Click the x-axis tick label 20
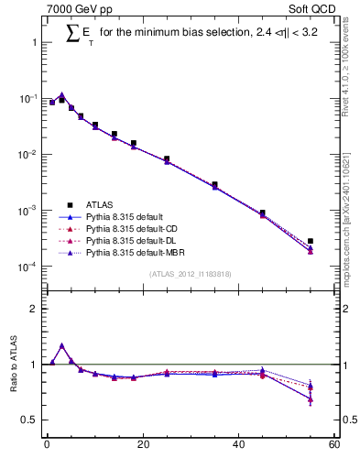(x=142, y=445)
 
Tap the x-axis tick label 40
(x=238, y=445)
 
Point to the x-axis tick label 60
(x=333, y=445)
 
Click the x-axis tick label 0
(x=47, y=445)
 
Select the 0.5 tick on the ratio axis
(x=33, y=420)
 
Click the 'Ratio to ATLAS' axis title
(x=14, y=365)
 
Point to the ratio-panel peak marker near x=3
(x=61, y=345)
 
